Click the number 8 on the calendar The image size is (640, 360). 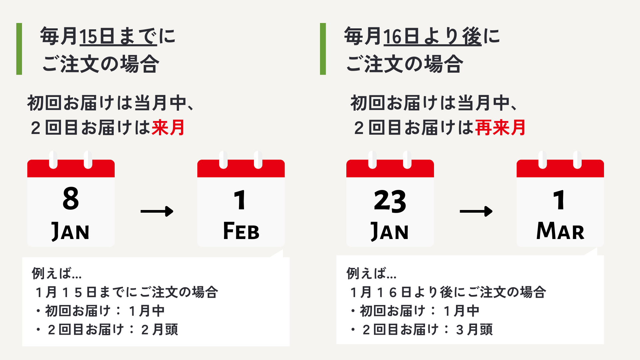click(71, 199)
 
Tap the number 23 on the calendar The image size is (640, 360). click(390, 201)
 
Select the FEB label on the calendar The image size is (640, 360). click(241, 231)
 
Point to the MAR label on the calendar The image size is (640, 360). click(560, 231)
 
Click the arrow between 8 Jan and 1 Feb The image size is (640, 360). click(157, 211)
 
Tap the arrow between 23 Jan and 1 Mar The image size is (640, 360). click(476, 211)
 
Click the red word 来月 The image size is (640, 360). click(168, 128)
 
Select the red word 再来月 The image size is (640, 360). click(500, 128)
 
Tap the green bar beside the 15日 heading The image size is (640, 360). click(19, 49)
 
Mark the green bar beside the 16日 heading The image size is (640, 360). click(323, 49)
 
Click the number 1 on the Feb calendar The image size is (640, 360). click(240, 200)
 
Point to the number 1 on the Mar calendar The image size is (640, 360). click(559, 200)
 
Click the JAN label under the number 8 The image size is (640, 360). click(70, 231)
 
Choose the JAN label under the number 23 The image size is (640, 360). click(390, 231)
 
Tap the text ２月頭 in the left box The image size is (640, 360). click(160, 330)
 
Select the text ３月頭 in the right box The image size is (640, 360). click(474, 330)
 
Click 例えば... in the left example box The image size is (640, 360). click(57, 273)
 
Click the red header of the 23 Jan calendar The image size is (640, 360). click(390, 169)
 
